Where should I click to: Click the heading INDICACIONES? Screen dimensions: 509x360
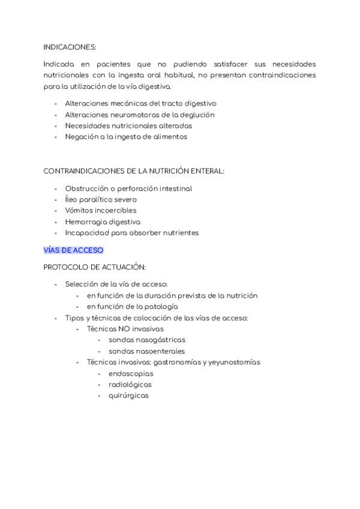(70, 46)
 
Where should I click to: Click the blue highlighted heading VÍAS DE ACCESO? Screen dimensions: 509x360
(73, 250)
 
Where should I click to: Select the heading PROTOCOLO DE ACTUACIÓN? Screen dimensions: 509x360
(95, 267)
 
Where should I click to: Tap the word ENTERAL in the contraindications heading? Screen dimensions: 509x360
(208, 171)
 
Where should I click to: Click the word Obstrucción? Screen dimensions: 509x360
(86, 188)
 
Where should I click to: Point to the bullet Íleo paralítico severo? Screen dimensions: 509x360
(101, 199)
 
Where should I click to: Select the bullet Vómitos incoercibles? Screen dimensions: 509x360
(101, 211)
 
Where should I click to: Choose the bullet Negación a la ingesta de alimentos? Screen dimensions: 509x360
(126, 136)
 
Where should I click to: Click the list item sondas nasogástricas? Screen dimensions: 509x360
(147, 340)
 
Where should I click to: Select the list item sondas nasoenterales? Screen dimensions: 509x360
(146, 351)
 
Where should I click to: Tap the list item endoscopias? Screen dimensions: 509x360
(131, 373)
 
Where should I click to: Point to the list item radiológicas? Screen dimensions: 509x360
(130, 384)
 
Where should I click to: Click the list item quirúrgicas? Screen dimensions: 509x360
(128, 396)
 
